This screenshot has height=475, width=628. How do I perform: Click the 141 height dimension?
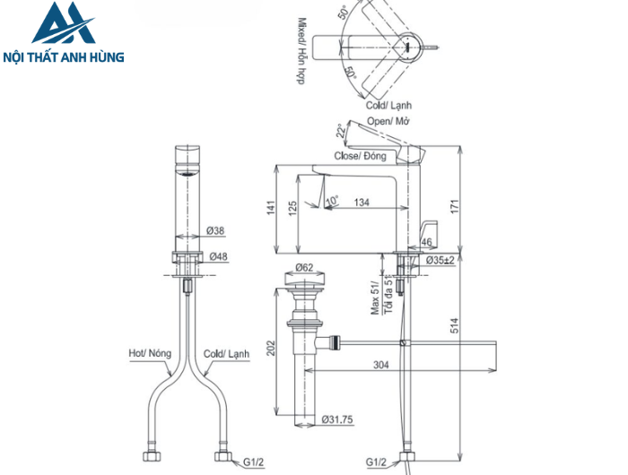pos(272,208)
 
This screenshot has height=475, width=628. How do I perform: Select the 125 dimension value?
pos(292,208)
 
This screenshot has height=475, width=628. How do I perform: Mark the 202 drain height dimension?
pos(272,349)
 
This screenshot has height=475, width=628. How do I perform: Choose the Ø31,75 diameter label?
pos(338,419)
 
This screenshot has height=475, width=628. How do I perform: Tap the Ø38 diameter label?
pos(215,231)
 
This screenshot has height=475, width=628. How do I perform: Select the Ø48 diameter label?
pos(216,256)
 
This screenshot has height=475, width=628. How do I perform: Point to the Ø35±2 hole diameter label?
pos(439,260)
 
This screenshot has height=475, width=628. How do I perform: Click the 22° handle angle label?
pos(338,132)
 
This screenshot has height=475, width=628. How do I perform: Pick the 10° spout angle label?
pos(332,199)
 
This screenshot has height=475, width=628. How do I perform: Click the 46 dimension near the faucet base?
pos(426,242)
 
